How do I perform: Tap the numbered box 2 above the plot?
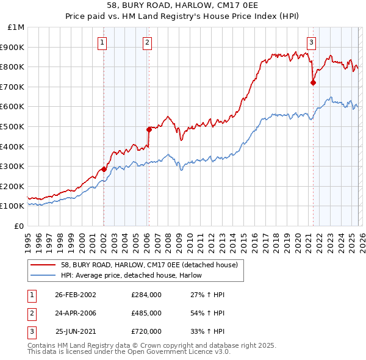pos(148,42)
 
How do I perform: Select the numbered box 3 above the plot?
pos(311,42)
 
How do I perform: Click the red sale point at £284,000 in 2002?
pos(104,169)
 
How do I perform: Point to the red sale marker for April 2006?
pos(148,129)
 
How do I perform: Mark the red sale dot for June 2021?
pos(313,82)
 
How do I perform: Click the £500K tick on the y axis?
pos(13,126)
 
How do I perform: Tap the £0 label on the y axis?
pos(18,226)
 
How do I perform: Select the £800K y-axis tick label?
pos(13,67)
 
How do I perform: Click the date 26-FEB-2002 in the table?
pos(75,295)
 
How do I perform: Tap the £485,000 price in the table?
pos(146,313)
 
